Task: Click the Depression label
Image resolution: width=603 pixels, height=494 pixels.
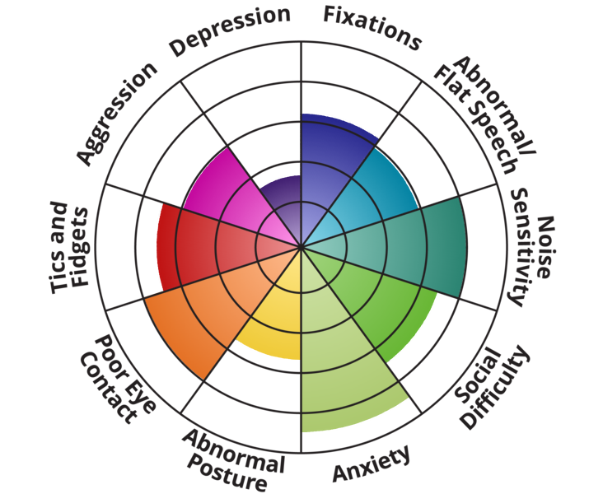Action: [x=231, y=32]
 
